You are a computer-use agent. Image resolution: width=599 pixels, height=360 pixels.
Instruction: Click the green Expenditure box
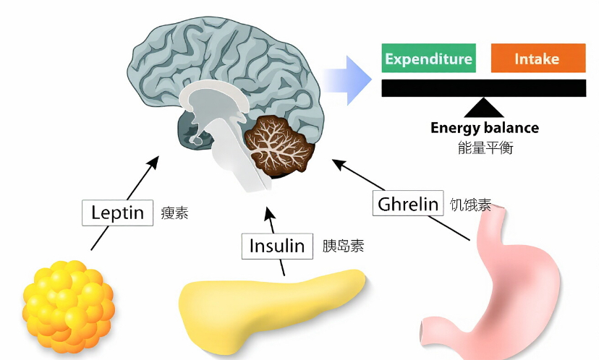pos(428,59)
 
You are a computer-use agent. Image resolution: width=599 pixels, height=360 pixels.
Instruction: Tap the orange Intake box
pos(538,59)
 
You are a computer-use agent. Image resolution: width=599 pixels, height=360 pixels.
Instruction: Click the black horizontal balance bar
pos(484,87)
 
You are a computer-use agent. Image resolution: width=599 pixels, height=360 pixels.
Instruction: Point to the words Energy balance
pos(484,128)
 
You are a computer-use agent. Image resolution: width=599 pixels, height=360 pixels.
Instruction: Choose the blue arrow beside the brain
pos(347,77)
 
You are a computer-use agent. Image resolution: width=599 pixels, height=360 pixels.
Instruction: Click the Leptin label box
pos(117,213)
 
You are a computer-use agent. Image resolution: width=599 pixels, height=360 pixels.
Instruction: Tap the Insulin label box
pos(277,246)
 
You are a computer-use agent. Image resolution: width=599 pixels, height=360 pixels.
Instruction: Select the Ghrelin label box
pos(408,204)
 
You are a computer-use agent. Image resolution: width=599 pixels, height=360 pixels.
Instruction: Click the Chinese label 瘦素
pos(174,213)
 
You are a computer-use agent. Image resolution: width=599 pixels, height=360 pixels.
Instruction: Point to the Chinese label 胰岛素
pos(343,246)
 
